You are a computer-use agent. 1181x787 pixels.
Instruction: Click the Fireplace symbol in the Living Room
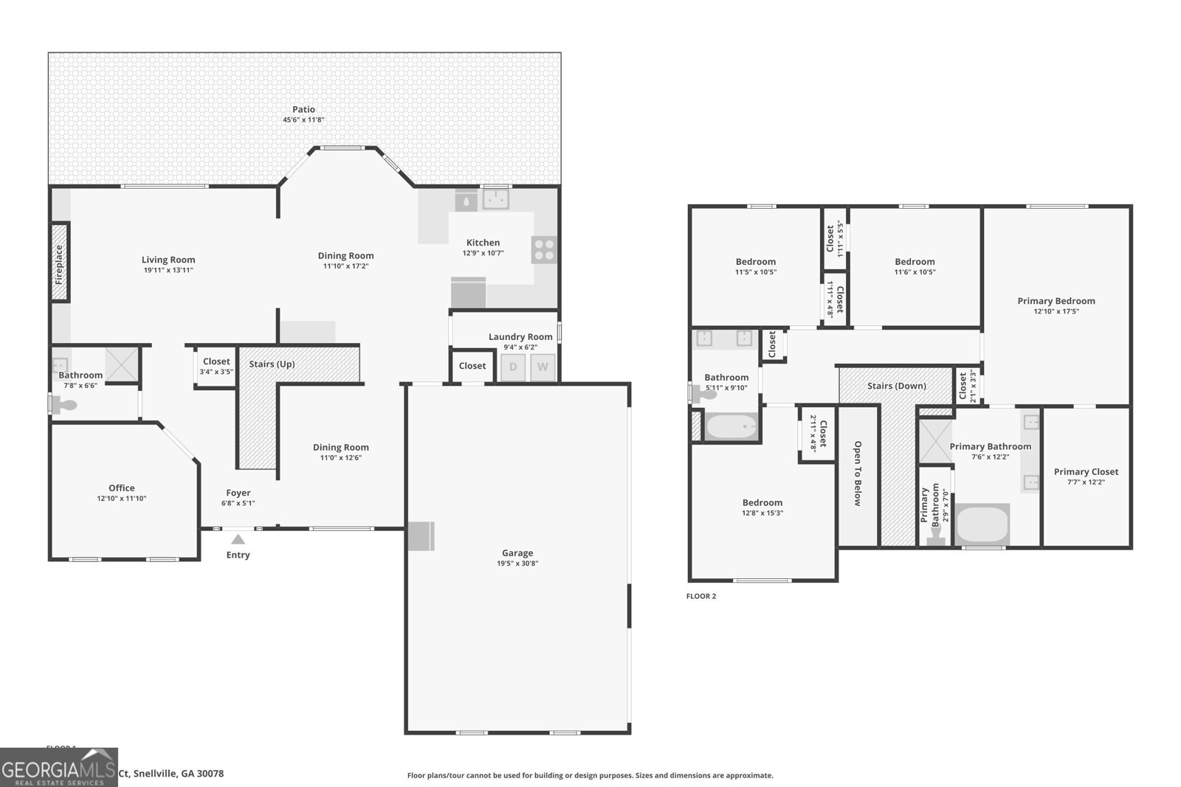click(x=60, y=263)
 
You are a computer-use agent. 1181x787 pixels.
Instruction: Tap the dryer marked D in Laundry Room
click(x=513, y=367)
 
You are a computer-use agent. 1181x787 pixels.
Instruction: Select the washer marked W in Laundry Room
click(x=543, y=367)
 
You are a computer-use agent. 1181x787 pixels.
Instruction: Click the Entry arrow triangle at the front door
click(x=238, y=539)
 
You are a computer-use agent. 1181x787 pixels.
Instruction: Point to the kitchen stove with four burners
click(x=544, y=250)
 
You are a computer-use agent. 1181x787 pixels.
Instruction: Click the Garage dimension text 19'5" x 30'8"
click(x=517, y=564)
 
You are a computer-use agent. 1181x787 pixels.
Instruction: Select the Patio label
click(x=303, y=109)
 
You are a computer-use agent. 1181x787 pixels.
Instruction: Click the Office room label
click(x=122, y=488)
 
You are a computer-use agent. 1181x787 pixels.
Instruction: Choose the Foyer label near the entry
click(x=238, y=493)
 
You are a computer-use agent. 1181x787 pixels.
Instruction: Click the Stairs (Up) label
click(x=272, y=364)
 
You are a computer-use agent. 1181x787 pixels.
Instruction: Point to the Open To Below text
click(x=858, y=474)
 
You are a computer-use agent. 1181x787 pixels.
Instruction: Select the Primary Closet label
click(x=1086, y=471)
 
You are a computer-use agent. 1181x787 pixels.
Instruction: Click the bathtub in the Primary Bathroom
click(x=982, y=525)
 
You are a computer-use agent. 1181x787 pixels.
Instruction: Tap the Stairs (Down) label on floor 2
click(x=896, y=386)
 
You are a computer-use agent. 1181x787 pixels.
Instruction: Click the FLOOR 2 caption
click(x=701, y=596)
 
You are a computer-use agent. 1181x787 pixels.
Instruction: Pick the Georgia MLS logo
click(x=59, y=767)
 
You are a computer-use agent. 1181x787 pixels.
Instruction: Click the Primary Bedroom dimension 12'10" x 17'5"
click(x=1056, y=311)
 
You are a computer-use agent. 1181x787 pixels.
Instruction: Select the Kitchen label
click(x=483, y=243)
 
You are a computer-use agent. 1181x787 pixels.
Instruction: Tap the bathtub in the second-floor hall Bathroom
click(x=731, y=427)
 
